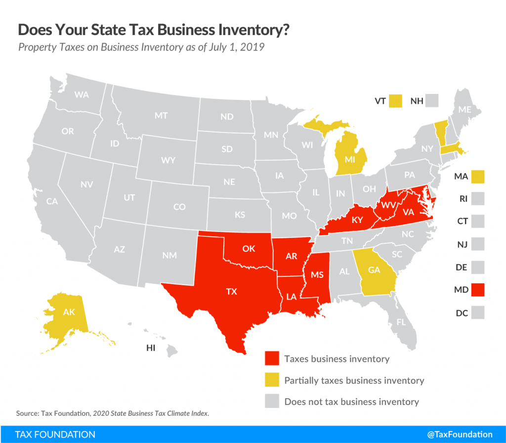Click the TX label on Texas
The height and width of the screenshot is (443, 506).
pyautogui.click(x=231, y=291)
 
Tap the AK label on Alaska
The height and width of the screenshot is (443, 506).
pyautogui.click(x=69, y=312)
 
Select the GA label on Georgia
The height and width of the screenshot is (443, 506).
pyautogui.click(x=374, y=270)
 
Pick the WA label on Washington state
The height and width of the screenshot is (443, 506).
pyautogui.click(x=82, y=94)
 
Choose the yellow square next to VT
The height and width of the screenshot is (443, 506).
pyautogui.click(x=395, y=101)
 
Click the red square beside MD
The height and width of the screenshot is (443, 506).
pyautogui.click(x=478, y=290)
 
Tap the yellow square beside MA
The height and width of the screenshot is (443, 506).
pyautogui.click(x=478, y=177)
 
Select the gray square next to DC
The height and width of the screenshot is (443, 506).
pyautogui.click(x=478, y=312)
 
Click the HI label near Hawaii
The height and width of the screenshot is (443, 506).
pyautogui.click(x=151, y=348)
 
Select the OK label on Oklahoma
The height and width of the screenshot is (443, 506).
pyautogui.click(x=249, y=248)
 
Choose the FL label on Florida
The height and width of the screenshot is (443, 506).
pyautogui.click(x=401, y=322)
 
